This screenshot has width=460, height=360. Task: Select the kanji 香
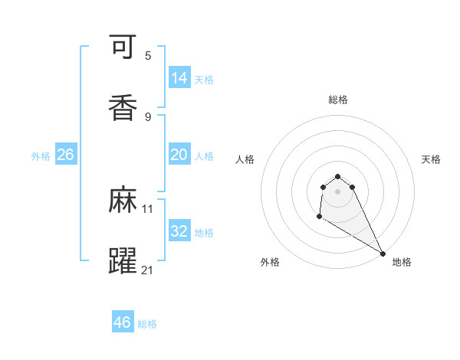point(123,108)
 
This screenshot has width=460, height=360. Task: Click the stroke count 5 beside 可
point(148,55)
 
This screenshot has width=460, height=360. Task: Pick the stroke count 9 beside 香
point(148,116)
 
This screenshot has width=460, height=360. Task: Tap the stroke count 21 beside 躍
point(148,270)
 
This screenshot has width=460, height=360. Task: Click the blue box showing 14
point(179,78)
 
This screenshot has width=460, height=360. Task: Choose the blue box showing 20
point(179,155)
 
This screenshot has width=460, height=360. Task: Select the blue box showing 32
point(179,231)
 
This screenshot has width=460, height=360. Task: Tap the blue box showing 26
point(65,155)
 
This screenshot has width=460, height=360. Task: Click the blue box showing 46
point(123,322)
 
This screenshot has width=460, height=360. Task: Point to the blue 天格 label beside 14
point(204,79)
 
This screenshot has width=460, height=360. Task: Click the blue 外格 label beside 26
point(41,155)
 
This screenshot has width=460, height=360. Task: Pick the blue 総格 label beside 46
point(147,324)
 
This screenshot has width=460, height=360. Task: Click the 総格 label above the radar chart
point(338,100)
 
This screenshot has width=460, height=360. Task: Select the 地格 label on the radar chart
point(402,262)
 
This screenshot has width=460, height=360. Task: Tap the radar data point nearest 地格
point(383,254)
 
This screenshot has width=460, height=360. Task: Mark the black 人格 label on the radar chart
point(245,159)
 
